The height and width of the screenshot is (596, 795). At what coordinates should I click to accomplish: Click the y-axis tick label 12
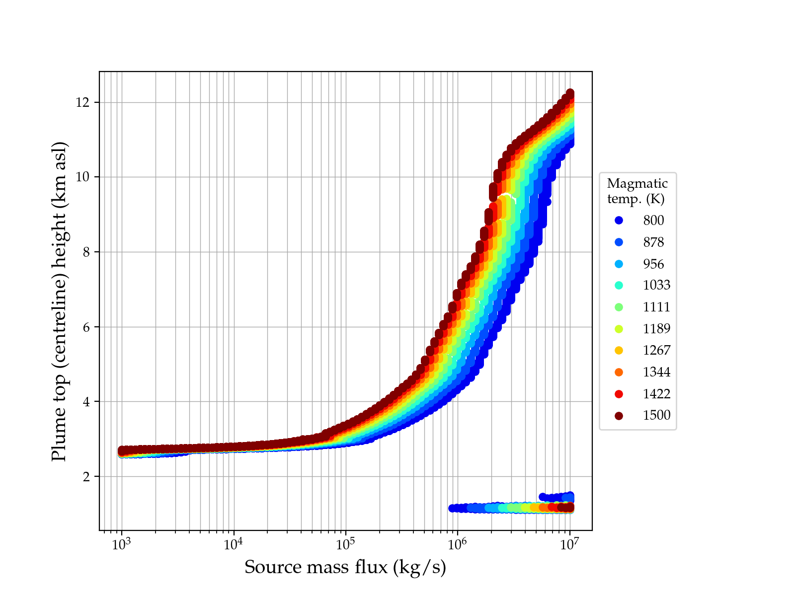tap(82, 102)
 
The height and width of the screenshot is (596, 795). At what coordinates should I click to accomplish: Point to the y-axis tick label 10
tap(82, 177)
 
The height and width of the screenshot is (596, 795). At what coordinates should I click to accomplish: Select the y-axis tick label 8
tap(86, 252)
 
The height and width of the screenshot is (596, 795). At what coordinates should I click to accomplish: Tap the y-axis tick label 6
tap(86, 327)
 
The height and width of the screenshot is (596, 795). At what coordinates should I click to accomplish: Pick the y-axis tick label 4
tap(86, 402)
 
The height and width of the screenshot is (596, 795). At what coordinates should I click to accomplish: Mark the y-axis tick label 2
tap(86, 477)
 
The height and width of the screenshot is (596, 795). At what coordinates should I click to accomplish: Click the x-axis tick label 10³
tap(121, 543)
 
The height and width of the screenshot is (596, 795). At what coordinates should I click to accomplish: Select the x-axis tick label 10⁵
tap(345, 543)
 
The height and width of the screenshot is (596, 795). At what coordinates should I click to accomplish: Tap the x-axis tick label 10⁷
tap(569, 543)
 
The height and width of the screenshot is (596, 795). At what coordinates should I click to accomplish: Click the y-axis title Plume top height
tap(59, 301)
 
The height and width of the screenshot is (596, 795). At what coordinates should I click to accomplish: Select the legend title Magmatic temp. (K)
tap(637, 191)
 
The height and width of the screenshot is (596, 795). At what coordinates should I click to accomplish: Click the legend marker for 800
tap(619, 221)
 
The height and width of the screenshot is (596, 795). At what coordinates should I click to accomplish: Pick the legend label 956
tap(653, 264)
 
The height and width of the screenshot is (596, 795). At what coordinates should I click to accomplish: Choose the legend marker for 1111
tap(619, 307)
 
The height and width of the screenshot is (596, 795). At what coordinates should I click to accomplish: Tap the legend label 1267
tap(656, 350)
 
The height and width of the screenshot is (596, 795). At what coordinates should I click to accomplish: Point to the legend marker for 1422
tap(619, 394)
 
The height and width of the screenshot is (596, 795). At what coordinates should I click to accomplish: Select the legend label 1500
tap(656, 415)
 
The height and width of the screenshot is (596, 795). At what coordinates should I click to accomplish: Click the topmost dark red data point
tap(570, 93)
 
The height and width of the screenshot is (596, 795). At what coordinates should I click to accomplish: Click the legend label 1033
tap(656, 285)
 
